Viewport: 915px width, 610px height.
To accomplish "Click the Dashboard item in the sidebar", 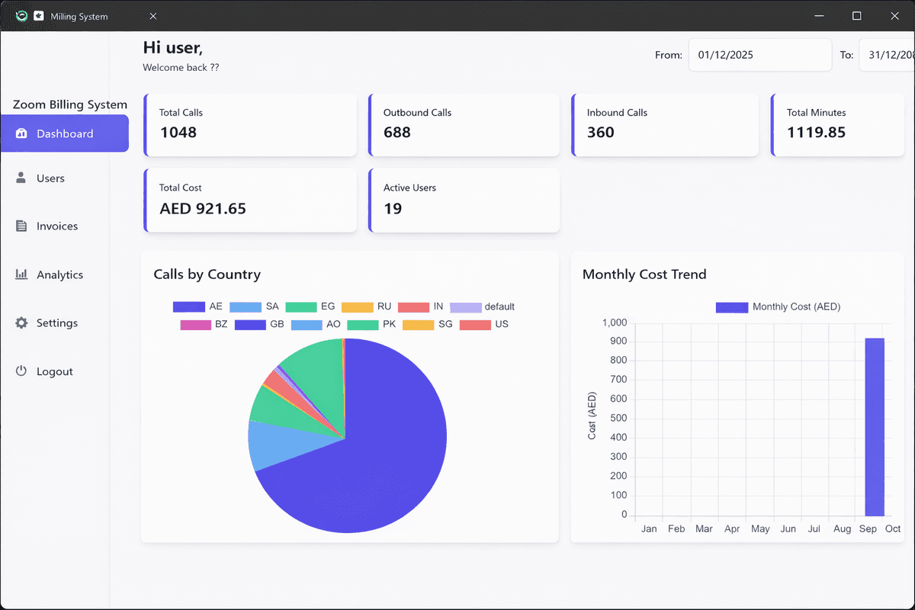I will (x=65, y=133).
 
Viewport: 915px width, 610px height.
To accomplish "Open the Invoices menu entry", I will (x=56, y=226).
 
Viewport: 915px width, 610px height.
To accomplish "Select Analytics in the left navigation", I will (x=59, y=274).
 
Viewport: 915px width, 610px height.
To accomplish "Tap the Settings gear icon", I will (x=21, y=323).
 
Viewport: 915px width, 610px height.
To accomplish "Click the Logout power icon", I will (x=21, y=371).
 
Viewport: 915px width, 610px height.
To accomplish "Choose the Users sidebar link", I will (x=50, y=178).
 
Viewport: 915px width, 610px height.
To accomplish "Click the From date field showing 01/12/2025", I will (x=759, y=55).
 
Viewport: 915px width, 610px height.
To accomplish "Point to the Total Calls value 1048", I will (x=178, y=133).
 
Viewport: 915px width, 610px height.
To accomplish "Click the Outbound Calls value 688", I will (x=397, y=133).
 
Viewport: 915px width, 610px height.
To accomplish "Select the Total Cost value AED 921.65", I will (x=203, y=209).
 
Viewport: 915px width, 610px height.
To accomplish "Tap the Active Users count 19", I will (x=393, y=209).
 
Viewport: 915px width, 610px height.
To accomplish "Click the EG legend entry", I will (x=310, y=307).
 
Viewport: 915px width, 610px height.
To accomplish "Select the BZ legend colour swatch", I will (x=195, y=324).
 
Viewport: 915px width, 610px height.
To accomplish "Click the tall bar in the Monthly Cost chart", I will (x=874, y=427).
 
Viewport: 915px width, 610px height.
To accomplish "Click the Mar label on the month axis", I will (x=704, y=528).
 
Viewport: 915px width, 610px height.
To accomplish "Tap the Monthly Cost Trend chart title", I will (x=644, y=274).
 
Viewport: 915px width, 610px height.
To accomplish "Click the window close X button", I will (x=894, y=16).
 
